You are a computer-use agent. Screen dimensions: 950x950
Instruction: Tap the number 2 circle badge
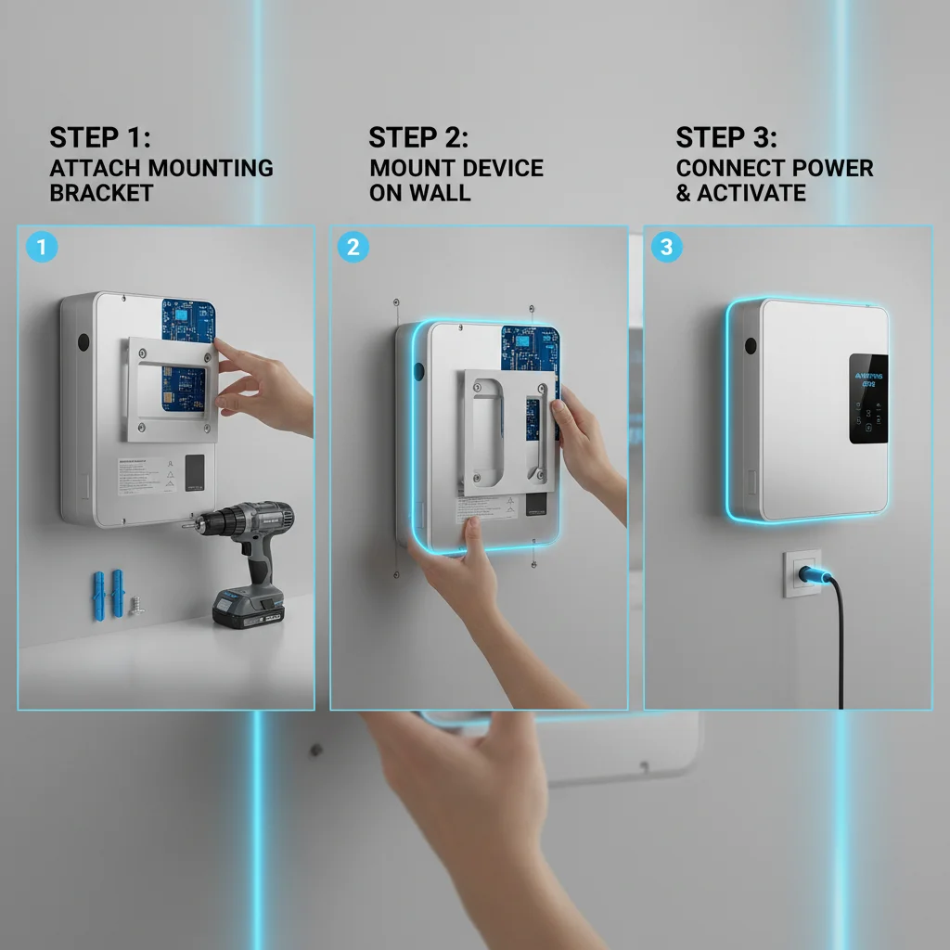tap(353, 248)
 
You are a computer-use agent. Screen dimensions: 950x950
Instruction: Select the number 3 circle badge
tap(665, 248)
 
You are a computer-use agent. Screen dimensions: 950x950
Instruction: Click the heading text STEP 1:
tap(99, 137)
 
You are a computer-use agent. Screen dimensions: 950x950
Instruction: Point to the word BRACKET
tap(101, 193)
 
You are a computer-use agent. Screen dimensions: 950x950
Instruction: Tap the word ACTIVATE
tap(751, 193)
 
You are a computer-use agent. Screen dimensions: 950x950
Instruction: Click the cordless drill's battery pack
tap(248, 609)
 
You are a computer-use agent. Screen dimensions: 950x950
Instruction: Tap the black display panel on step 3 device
tap(867, 397)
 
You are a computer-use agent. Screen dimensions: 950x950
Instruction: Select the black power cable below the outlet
tap(841, 649)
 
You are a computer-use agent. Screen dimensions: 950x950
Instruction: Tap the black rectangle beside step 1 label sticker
tap(195, 471)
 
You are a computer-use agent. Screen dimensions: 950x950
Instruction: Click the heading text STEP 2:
tap(418, 137)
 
